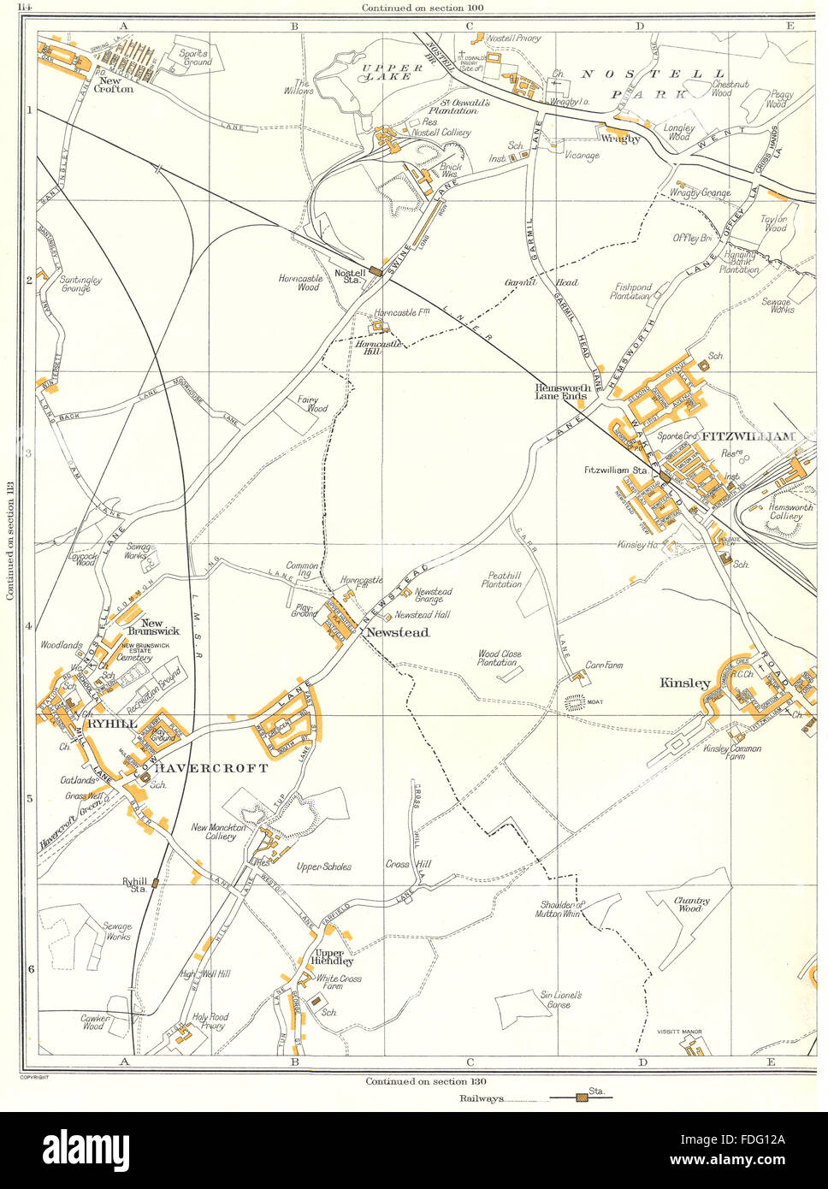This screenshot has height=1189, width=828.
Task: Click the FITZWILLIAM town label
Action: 748,436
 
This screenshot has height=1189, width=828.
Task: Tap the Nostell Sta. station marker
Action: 375,271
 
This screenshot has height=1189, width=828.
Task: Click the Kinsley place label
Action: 684,683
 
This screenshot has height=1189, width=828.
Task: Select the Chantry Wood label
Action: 688,904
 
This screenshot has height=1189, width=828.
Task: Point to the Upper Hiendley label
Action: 329,956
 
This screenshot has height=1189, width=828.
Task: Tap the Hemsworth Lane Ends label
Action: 562,392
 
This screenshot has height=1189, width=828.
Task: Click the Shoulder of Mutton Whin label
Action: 561,909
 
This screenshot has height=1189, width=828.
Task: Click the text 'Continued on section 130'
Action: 425,1081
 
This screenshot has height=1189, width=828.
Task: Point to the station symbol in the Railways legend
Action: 583,1096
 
